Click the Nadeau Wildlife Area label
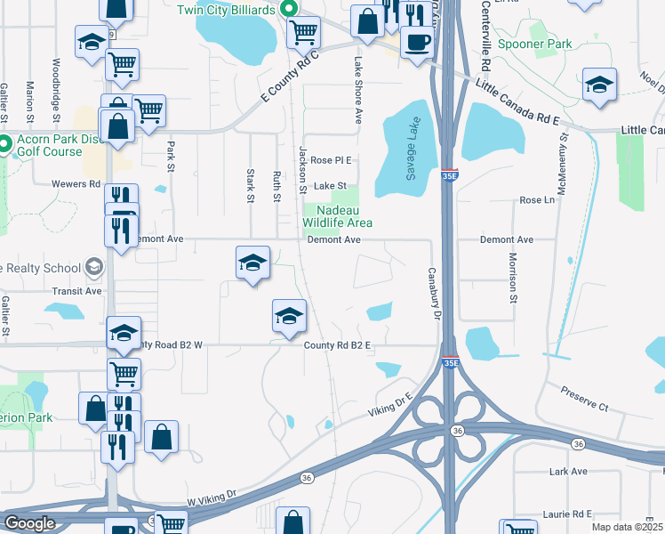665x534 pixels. tap(337, 216)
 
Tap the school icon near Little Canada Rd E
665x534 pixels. tap(600, 85)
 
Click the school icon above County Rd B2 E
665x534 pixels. tap(289, 316)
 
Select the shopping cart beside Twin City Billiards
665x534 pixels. tap(304, 33)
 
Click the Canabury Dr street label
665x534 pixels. tap(436, 293)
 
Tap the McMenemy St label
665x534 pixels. tap(563, 155)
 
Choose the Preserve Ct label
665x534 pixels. tap(584, 398)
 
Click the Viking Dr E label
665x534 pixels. tap(392, 406)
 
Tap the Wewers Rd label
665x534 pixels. tap(82, 184)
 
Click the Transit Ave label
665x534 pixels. tap(76, 290)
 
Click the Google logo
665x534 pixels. tap(29, 523)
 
